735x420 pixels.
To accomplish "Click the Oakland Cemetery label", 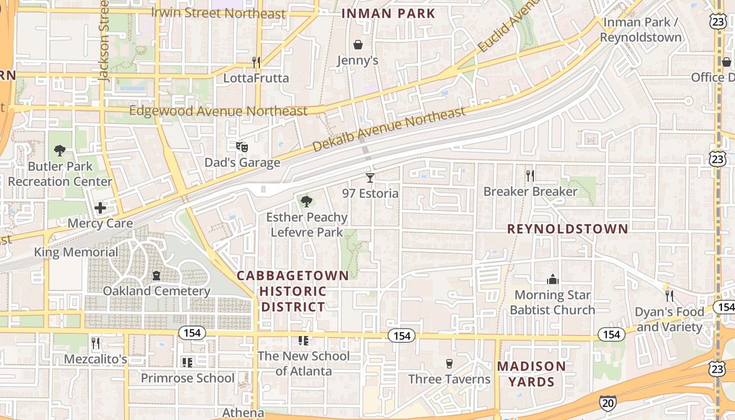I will (x=156, y=291).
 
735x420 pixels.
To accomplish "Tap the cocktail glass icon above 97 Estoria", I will (x=370, y=178).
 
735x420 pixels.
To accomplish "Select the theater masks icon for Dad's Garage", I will (x=241, y=147).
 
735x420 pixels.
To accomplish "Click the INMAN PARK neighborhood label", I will (x=388, y=14).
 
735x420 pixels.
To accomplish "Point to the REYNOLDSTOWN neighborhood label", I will (x=568, y=229).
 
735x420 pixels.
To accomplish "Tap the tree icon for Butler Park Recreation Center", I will (x=60, y=151).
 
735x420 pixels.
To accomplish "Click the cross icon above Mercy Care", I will (x=100, y=208).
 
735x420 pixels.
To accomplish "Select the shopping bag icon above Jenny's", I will (x=358, y=45).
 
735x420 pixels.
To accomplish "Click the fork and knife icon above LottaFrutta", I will (x=256, y=62).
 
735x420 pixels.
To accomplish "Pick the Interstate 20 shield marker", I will (x=607, y=403).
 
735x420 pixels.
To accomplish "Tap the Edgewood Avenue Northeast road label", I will (x=218, y=111).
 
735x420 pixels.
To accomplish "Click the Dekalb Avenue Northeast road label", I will (x=388, y=129).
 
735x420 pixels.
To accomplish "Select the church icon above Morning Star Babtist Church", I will (x=552, y=279).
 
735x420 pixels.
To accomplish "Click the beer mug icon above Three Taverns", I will (x=449, y=363).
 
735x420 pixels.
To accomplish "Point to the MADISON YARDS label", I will (x=531, y=374).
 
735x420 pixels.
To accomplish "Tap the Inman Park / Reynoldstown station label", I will (x=640, y=29).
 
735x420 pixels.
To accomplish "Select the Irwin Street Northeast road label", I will (x=218, y=13).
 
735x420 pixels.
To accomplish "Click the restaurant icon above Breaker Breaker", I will (x=530, y=176).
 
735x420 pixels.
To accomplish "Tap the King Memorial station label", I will (x=76, y=252).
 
